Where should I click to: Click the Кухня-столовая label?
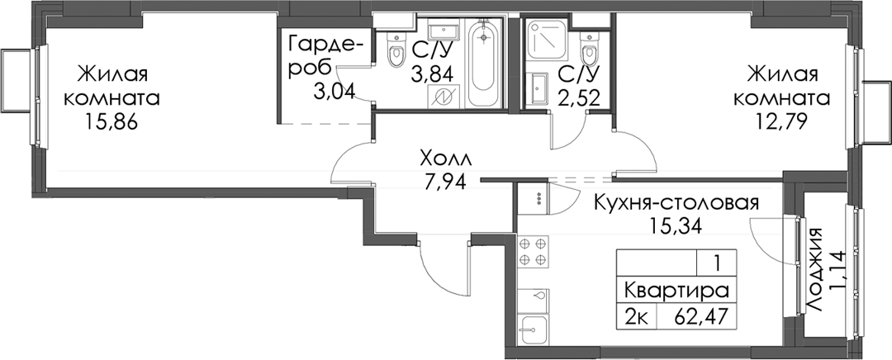coord(676,202)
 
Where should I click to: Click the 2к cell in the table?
coord(638,314)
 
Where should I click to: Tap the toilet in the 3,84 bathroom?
coord(394,49)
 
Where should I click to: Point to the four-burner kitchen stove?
coord(534,251)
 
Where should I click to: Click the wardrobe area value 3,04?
coord(334,89)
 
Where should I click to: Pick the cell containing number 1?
coord(718,263)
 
